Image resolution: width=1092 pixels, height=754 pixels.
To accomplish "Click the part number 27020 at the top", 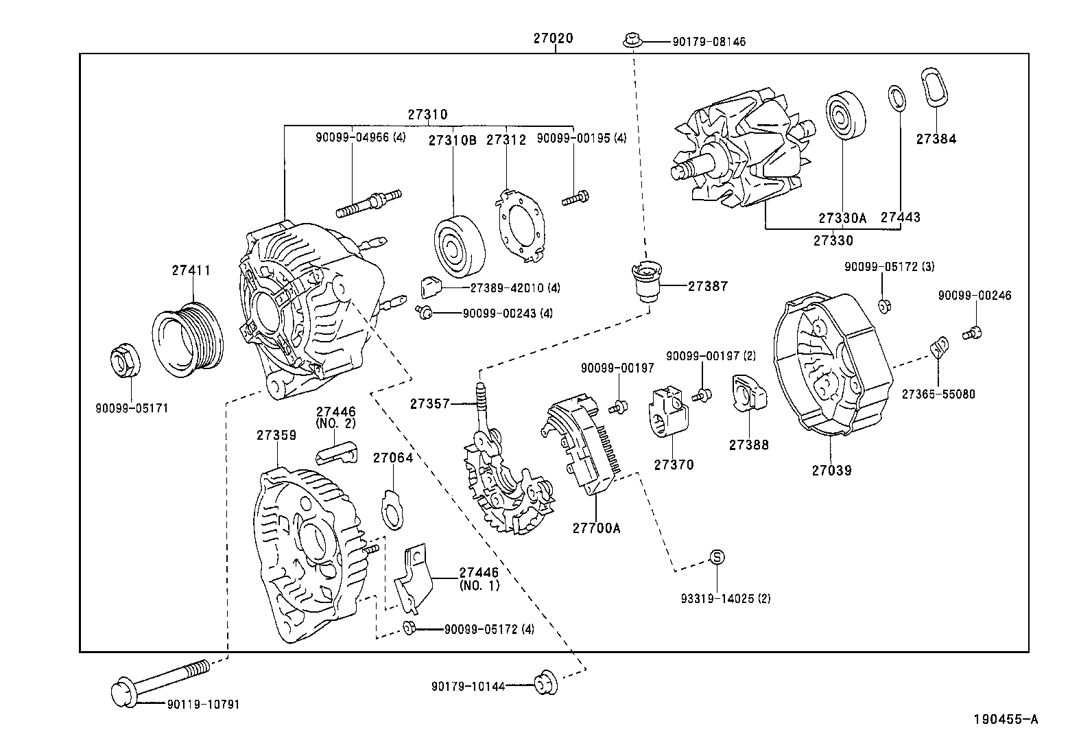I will [553, 39].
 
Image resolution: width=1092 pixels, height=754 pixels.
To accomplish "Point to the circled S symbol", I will [716, 556].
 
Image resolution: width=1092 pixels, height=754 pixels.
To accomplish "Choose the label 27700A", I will [596, 528].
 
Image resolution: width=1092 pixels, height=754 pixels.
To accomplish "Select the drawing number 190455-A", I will [1006, 719].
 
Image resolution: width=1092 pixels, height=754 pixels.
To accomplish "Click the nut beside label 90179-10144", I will [546, 683].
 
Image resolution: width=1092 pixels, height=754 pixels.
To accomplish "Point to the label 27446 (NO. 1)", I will [479, 578].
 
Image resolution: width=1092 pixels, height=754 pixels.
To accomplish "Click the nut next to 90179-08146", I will [632, 41].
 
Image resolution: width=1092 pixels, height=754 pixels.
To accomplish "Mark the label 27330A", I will [842, 217].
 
